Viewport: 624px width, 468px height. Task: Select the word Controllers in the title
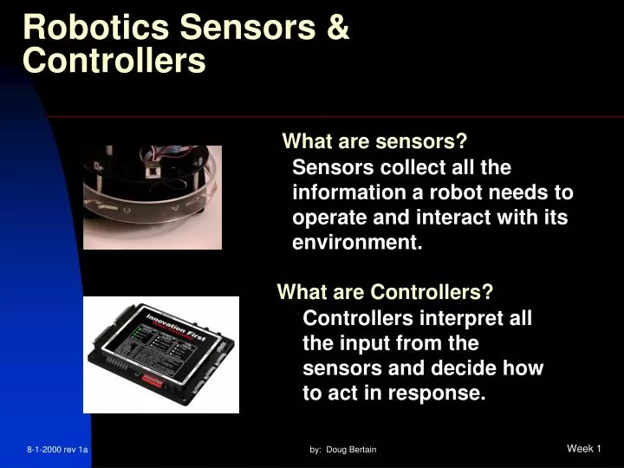pyautogui.click(x=114, y=60)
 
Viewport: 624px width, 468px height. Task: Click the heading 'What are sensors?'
pyautogui.click(x=375, y=141)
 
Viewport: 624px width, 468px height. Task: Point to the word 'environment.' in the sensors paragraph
pyautogui.click(x=357, y=243)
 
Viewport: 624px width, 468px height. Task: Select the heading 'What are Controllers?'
pyautogui.click(x=385, y=292)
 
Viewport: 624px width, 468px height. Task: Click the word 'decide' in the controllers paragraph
pyautogui.click(x=463, y=368)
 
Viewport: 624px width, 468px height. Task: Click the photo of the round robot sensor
pyautogui.click(x=152, y=197)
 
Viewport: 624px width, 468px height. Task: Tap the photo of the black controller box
pyautogui.click(x=161, y=354)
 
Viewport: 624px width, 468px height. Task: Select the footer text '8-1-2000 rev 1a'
pyautogui.click(x=58, y=450)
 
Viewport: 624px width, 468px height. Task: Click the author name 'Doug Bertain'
pyautogui.click(x=351, y=450)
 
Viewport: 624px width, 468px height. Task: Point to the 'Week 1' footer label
pyautogui.click(x=583, y=448)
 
